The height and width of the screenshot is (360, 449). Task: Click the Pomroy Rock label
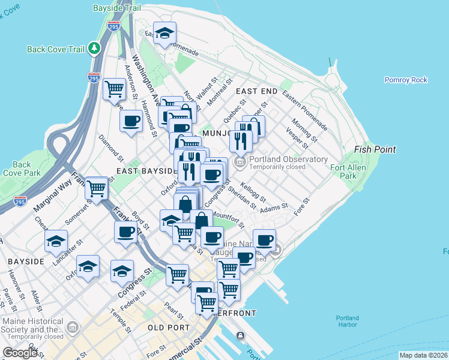click(x=406, y=80)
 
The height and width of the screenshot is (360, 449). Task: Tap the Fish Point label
click(x=375, y=149)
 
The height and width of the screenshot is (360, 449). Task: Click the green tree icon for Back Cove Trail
click(x=94, y=47)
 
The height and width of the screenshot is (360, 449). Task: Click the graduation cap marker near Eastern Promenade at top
click(x=163, y=34)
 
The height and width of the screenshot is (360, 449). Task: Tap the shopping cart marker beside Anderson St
click(x=114, y=89)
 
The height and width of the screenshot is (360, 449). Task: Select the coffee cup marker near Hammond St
click(x=131, y=121)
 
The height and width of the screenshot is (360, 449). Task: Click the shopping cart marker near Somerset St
click(x=96, y=188)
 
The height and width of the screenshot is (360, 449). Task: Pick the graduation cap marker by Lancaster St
click(x=56, y=241)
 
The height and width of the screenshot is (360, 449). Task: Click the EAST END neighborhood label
click(x=256, y=91)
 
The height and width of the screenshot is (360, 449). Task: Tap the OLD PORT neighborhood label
click(x=169, y=328)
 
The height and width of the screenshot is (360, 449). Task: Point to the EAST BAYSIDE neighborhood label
click(x=144, y=171)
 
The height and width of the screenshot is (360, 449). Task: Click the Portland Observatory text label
click(x=289, y=159)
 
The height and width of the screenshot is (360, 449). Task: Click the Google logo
click(x=20, y=353)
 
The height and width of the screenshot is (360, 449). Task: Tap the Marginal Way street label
click(x=52, y=196)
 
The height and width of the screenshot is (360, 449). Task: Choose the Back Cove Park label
click(x=22, y=169)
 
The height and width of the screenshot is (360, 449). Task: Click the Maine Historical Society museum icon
click(x=73, y=326)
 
